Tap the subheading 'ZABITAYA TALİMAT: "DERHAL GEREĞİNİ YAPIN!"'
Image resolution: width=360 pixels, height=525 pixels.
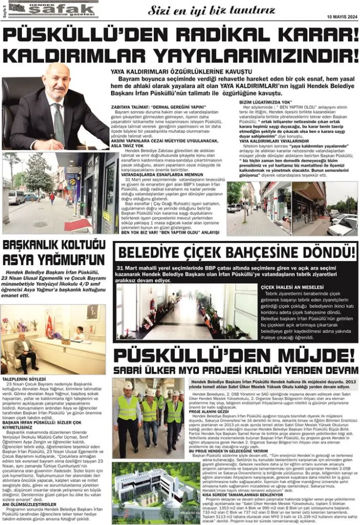point(152,107)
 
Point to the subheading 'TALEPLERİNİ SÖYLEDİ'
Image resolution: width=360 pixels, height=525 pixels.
point(24,379)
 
